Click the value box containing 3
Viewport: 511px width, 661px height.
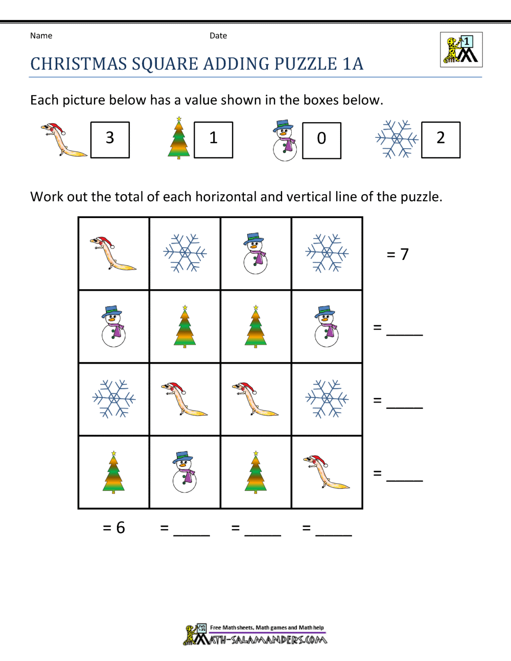(110, 139)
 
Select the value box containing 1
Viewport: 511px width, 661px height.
(214, 139)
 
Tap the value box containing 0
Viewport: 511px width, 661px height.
(321, 140)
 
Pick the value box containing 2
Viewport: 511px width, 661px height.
(440, 139)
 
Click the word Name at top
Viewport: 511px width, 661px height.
(41, 36)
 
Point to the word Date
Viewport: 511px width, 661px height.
(218, 36)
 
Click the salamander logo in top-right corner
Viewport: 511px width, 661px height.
(461, 50)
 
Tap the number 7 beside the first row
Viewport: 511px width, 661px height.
(404, 254)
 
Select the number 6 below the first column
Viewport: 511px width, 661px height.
(121, 528)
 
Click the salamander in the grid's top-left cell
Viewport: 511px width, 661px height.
(113, 253)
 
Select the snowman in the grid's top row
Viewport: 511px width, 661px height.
(255, 253)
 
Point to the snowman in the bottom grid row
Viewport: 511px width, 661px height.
(184, 472)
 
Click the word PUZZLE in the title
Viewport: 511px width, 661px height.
(306, 64)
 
